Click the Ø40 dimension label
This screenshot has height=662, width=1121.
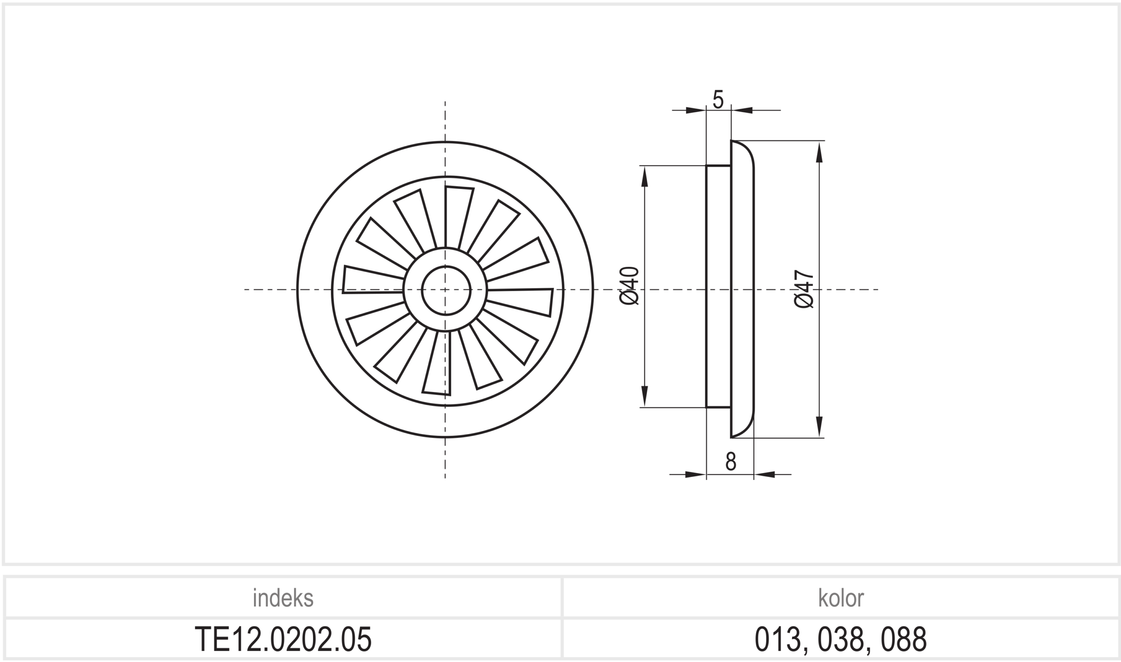click(x=630, y=286)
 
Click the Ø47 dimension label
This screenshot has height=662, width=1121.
click(x=804, y=289)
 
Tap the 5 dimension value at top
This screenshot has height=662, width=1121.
click(x=718, y=99)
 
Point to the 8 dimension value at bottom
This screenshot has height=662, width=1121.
click(x=730, y=461)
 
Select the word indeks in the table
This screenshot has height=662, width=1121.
click(x=283, y=598)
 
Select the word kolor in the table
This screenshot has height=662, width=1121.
click(x=841, y=598)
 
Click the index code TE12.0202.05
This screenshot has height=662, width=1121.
click(x=283, y=639)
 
